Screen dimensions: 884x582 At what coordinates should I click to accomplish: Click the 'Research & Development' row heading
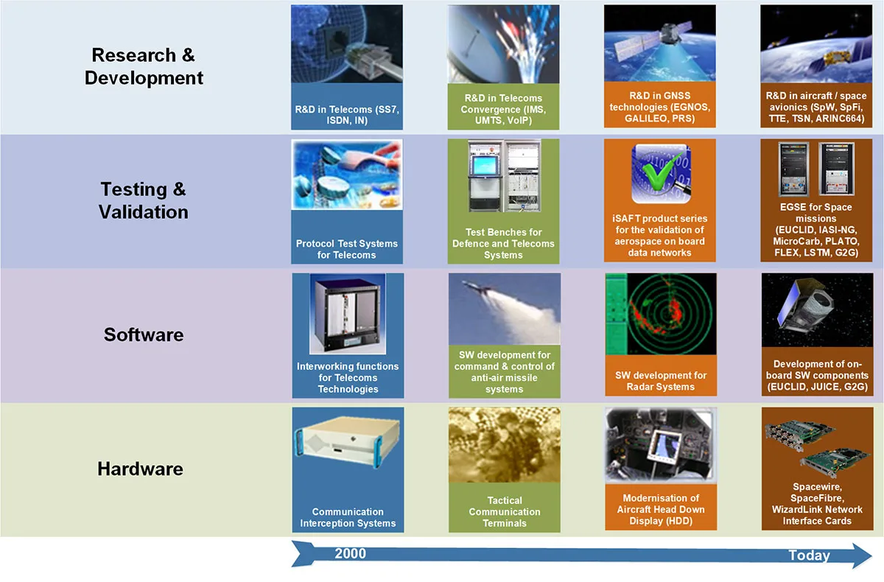point(144,66)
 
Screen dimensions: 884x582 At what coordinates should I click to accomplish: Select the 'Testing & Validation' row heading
point(143,200)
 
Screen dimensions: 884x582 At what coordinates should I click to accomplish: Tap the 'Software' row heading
point(144,334)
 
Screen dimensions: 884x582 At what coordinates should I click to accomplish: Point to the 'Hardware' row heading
point(141,469)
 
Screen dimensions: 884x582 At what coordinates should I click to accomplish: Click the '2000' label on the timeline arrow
point(350,553)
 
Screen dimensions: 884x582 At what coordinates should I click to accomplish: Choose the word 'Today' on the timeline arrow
point(809,555)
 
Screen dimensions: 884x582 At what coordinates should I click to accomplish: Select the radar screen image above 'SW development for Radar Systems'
point(661,314)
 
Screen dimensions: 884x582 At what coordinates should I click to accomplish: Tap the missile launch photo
point(505,309)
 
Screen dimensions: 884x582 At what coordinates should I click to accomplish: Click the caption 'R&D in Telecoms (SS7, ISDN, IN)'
point(347,115)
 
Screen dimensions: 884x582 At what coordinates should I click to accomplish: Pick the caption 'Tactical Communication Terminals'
point(505,512)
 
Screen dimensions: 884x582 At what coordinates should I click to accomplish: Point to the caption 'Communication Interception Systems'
point(348,517)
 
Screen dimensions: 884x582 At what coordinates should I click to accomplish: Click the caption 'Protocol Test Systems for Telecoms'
point(347,249)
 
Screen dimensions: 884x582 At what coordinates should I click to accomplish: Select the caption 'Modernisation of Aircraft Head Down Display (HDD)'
point(661,509)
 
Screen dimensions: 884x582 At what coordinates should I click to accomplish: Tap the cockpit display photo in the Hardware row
point(661,445)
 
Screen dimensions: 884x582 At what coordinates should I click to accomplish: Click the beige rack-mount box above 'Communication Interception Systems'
point(348,442)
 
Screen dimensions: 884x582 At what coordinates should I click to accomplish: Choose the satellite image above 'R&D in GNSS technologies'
point(660,43)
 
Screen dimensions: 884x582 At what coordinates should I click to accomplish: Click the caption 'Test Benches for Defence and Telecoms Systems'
point(504,243)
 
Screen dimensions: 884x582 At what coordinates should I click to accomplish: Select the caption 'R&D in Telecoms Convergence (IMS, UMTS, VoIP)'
point(504,109)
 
